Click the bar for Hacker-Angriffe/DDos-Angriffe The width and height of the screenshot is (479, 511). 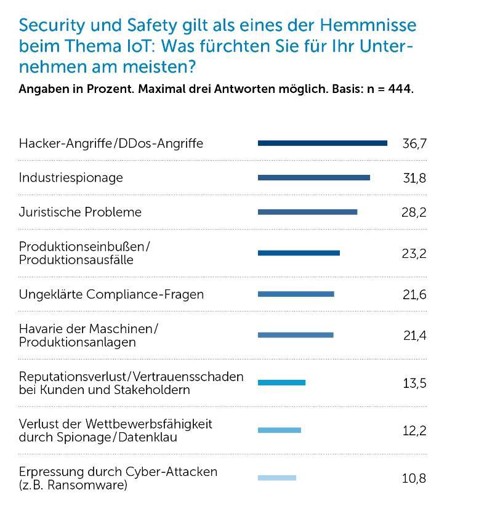[322, 143]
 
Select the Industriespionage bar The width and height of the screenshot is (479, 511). [314, 178]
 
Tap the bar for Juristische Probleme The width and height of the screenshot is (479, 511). [307, 212]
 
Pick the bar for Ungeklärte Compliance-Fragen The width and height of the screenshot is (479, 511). [296, 294]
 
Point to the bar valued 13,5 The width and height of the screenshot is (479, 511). [281, 383]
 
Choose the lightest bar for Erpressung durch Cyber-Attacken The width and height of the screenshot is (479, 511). [276, 478]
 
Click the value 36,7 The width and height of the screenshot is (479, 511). [414, 144]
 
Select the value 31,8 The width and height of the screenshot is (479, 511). [414, 179]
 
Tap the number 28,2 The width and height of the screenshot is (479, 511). [414, 212]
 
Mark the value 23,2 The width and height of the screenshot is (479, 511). [414, 254]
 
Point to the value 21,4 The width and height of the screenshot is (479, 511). [414, 336]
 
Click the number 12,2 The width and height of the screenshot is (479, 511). [414, 431]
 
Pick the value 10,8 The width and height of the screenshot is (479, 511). [414, 478]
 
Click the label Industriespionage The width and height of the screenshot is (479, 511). [71, 178]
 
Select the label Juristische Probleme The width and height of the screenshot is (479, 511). [80, 212]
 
